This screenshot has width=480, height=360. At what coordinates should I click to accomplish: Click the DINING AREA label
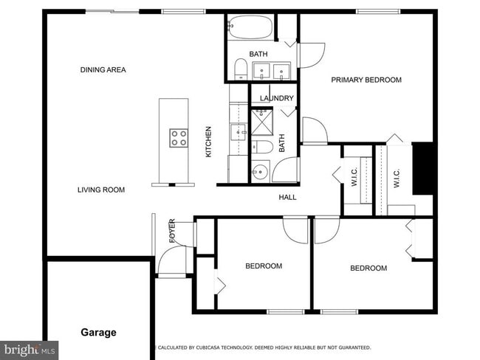pyautogui.click(x=103, y=70)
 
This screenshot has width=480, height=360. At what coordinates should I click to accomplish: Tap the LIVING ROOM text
pyautogui.click(x=101, y=190)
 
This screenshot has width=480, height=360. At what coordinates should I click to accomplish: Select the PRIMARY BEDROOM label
pyautogui.click(x=366, y=80)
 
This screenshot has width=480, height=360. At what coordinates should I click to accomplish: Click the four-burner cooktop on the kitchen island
pyautogui.click(x=179, y=137)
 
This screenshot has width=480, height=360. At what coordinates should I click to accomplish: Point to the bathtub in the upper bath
pyautogui.click(x=250, y=28)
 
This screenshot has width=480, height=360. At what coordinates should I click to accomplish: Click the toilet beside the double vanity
pyautogui.click(x=239, y=70)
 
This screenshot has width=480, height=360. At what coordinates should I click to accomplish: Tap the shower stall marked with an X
pyautogui.click(x=262, y=122)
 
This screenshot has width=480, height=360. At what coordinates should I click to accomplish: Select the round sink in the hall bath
pyautogui.click(x=258, y=173)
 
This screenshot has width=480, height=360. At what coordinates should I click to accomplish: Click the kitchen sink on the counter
pyautogui.click(x=239, y=133)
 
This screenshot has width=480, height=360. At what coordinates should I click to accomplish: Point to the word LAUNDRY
pyautogui.click(x=277, y=98)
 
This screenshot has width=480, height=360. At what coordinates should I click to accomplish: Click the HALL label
pyautogui.click(x=287, y=198)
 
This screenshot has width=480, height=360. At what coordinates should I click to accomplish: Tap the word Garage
pyautogui.click(x=98, y=333)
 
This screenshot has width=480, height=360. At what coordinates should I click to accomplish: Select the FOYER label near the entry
pyautogui.click(x=172, y=231)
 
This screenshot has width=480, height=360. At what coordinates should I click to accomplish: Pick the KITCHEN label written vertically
pyautogui.click(x=209, y=142)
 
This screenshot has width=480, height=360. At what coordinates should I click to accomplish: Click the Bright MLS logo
pyautogui.click(x=30, y=350)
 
